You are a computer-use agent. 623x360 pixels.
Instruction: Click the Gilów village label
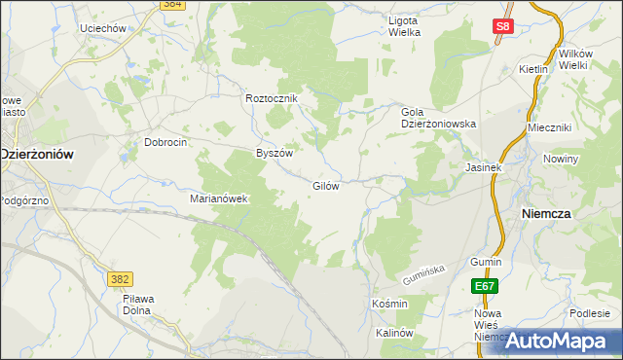(325, 186)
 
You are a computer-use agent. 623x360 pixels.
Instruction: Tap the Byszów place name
(274, 153)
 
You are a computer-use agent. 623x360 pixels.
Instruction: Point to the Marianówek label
(220, 198)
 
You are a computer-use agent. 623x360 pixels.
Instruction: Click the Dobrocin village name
(165, 141)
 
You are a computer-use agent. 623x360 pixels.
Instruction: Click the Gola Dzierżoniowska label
(438, 118)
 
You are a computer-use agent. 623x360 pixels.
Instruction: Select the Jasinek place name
(483, 167)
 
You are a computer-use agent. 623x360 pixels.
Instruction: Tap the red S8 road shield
(501, 28)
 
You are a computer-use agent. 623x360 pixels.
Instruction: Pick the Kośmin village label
(389, 304)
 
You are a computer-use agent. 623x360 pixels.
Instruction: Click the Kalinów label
(395, 333)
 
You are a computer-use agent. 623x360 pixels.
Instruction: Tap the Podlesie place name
(590, 312)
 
